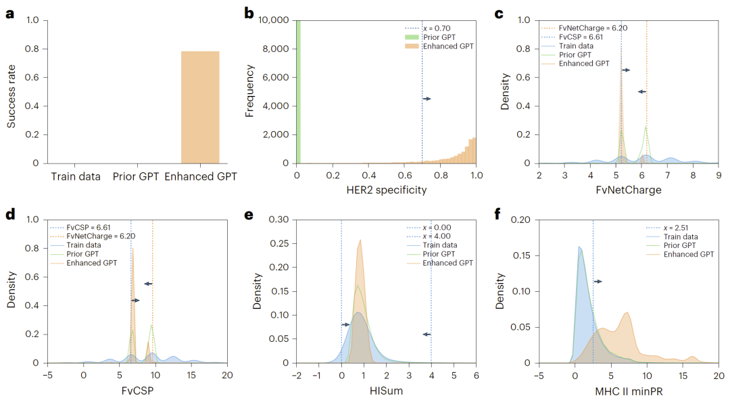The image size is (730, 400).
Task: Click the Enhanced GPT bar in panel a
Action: (200, 107)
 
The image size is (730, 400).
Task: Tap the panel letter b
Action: (249, 12)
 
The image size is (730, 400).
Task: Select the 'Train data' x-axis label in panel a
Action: (76, 177)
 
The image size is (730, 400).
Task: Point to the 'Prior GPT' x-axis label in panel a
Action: (137, 177)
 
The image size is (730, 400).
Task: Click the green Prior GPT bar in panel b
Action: (298, 91)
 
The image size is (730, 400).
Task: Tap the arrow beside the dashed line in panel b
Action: (427, 99)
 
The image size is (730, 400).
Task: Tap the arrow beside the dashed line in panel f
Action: (598, 281)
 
